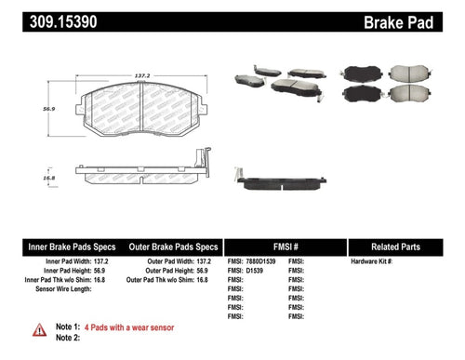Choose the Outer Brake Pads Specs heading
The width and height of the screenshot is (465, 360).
pos(173,247)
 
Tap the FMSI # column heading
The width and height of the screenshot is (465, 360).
pos(287,247)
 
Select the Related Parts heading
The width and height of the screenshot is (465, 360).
pos(404,247)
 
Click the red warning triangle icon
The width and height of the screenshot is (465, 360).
pos(38,328)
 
